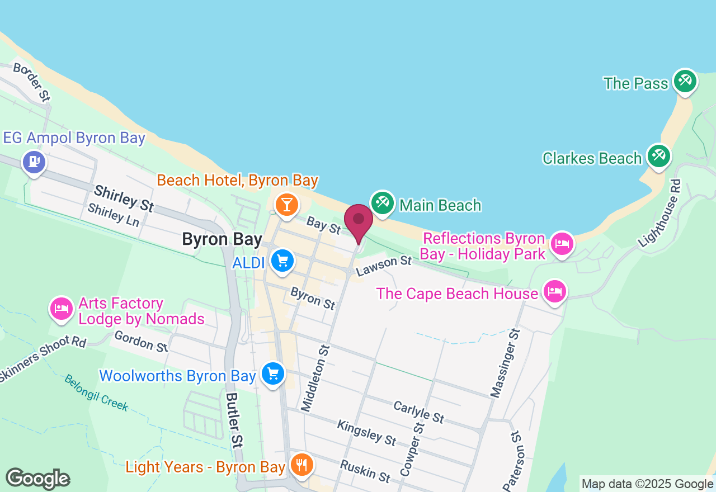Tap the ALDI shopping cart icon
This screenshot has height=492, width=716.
282,261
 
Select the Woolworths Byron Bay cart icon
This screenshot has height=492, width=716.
273,374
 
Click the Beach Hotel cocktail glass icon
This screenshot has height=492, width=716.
286,205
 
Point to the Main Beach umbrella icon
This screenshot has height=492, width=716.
383,202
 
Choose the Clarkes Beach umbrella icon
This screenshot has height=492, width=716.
658,156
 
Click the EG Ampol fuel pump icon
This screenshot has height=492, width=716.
34,162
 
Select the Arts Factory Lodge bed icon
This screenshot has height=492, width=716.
62,309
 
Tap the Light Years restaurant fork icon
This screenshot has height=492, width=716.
302,465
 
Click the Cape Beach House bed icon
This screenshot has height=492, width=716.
554,291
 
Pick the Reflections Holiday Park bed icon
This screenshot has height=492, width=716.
562,244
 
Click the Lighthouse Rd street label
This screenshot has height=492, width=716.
661,214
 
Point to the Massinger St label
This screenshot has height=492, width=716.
506,363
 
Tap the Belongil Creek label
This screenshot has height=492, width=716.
96,392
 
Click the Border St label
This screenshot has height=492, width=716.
32,82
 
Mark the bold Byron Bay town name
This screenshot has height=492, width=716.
222,239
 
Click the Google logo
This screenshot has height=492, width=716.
37,479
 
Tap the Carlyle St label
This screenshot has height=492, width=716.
418,412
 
